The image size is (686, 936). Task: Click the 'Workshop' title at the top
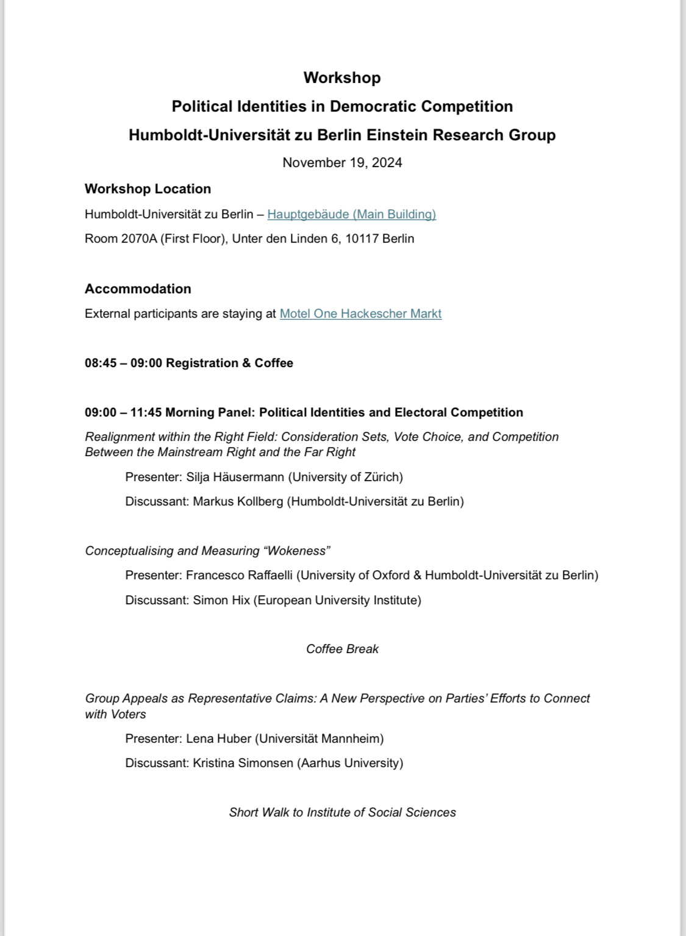pyautogui.click(x=342, y=77)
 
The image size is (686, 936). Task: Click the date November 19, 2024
pyautogui.click(x=342, y=162)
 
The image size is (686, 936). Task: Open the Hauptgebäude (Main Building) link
pyautogui.click(x=351, y=214)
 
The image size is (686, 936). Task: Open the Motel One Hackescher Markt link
pyautogui.click(x=360, y=313)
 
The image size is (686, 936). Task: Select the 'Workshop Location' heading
pyautogui.click(x=148, y=188)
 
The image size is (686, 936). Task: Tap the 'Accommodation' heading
pyautogui.click(x=138, y=288)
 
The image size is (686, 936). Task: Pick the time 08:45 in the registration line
pyautogui.click(x=101, y=363)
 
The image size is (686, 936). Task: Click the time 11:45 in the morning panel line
pyautogui.click(x=146, y=412)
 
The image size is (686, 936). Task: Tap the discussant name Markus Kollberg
pyautogui.click(x=238, y=501)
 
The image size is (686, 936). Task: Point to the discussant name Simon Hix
pyautogui.click(x=221, y=600)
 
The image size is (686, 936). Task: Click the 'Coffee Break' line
pyautogui.click(x=342, y=649)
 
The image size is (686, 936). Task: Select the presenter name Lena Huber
pyautogui.click(x=217, y=738)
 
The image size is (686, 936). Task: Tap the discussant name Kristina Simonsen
pyautogui.click(x=243, y=763)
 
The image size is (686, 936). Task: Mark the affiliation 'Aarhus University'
pyautogui.click(x=349, y=763)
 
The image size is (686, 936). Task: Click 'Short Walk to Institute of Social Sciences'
pyautogui.click(x=342, y=812)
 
